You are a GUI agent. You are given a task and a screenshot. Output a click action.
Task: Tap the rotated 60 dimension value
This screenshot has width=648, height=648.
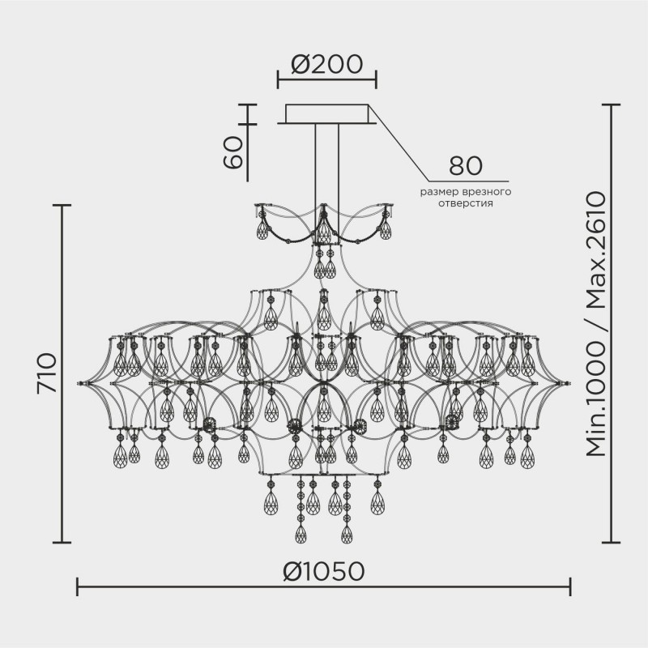point(233,151)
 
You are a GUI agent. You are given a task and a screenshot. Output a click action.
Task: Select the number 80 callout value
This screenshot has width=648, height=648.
point(466,166)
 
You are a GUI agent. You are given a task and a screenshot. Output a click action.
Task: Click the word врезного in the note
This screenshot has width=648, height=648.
point(484,192)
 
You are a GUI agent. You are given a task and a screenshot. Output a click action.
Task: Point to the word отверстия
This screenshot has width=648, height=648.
point(467,203)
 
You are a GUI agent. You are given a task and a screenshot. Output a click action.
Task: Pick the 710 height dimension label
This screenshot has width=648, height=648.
point(47,373)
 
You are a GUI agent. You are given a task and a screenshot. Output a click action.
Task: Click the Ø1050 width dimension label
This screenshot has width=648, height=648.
point(324,572)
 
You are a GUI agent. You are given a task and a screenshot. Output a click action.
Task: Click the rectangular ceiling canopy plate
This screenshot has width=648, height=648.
point(328,114)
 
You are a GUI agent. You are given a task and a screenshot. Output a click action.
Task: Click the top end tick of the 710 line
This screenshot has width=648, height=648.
point(62,206)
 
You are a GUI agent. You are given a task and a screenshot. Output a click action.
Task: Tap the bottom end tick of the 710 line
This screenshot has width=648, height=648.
point(62,542)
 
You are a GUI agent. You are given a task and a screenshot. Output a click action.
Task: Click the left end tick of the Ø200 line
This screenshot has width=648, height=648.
point(278,79)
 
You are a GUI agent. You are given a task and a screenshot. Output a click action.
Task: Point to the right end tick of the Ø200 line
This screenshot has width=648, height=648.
point(376,79)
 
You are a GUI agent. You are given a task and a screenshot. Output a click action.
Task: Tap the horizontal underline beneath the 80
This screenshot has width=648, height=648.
point(466,181)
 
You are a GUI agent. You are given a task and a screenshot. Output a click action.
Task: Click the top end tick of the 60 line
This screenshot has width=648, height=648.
point(247,104)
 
